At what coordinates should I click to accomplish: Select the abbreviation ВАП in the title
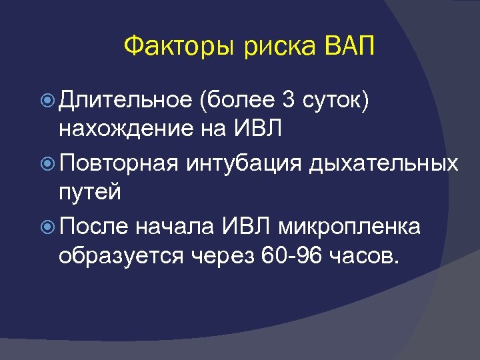pos(347,47)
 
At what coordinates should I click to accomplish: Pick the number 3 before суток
pos(288,100)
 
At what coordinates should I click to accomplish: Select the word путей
pos(89,193)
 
